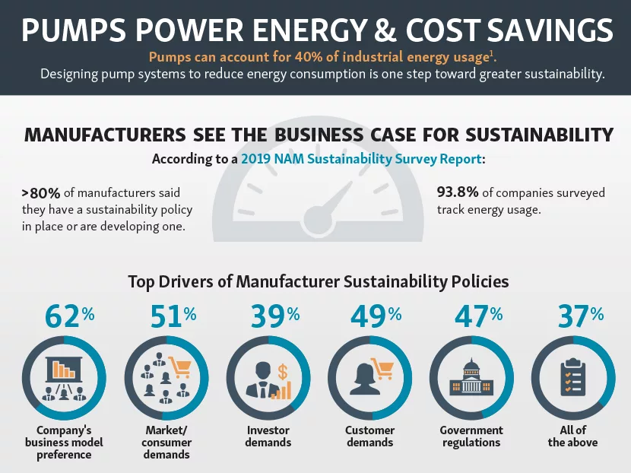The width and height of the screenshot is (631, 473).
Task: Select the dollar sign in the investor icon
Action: click(283, 372)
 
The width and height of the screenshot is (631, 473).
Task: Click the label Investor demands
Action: click(268, 436)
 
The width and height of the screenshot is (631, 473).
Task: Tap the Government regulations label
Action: click(471, 436)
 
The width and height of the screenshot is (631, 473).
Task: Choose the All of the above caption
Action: click(572, 436)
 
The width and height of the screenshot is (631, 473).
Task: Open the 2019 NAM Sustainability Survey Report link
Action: click(360, 160)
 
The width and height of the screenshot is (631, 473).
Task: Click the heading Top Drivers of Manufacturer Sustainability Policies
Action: click(318, 281)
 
